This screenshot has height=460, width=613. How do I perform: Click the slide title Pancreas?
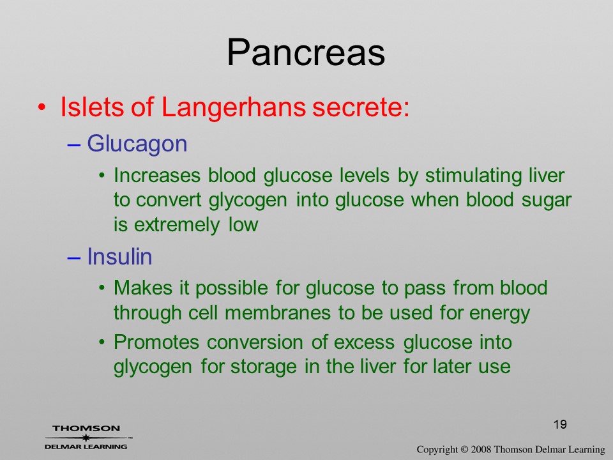point(306,52)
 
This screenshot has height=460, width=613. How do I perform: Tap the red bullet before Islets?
point(42,107)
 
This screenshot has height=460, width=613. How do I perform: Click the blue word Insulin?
point(119,257)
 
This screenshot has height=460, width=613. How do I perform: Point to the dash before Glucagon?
point(74,144)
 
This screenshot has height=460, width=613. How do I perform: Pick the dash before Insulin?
point(74,257)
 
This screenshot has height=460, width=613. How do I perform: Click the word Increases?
point(157,175)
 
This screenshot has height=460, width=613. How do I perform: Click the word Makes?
point(143,288)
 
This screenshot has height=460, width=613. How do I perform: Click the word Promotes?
point(156,342)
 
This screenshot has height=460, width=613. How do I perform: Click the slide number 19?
point(560,424)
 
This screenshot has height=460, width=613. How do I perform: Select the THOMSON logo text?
point(86,428)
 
